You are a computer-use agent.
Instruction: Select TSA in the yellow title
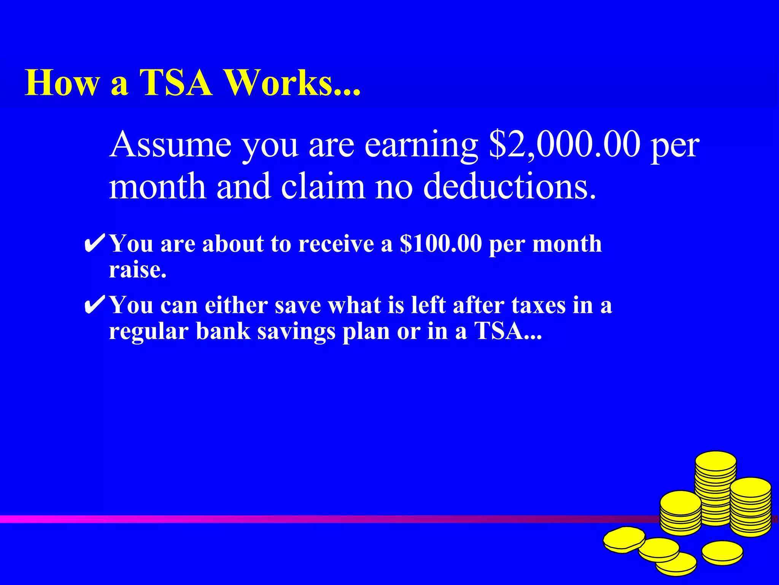(176, 83)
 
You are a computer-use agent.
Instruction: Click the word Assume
(170, 145)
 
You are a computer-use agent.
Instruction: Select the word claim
(323, 187)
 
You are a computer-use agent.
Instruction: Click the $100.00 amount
(441, 244)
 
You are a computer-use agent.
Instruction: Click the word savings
(297, 332)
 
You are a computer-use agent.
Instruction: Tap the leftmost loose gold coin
(624, 539)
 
